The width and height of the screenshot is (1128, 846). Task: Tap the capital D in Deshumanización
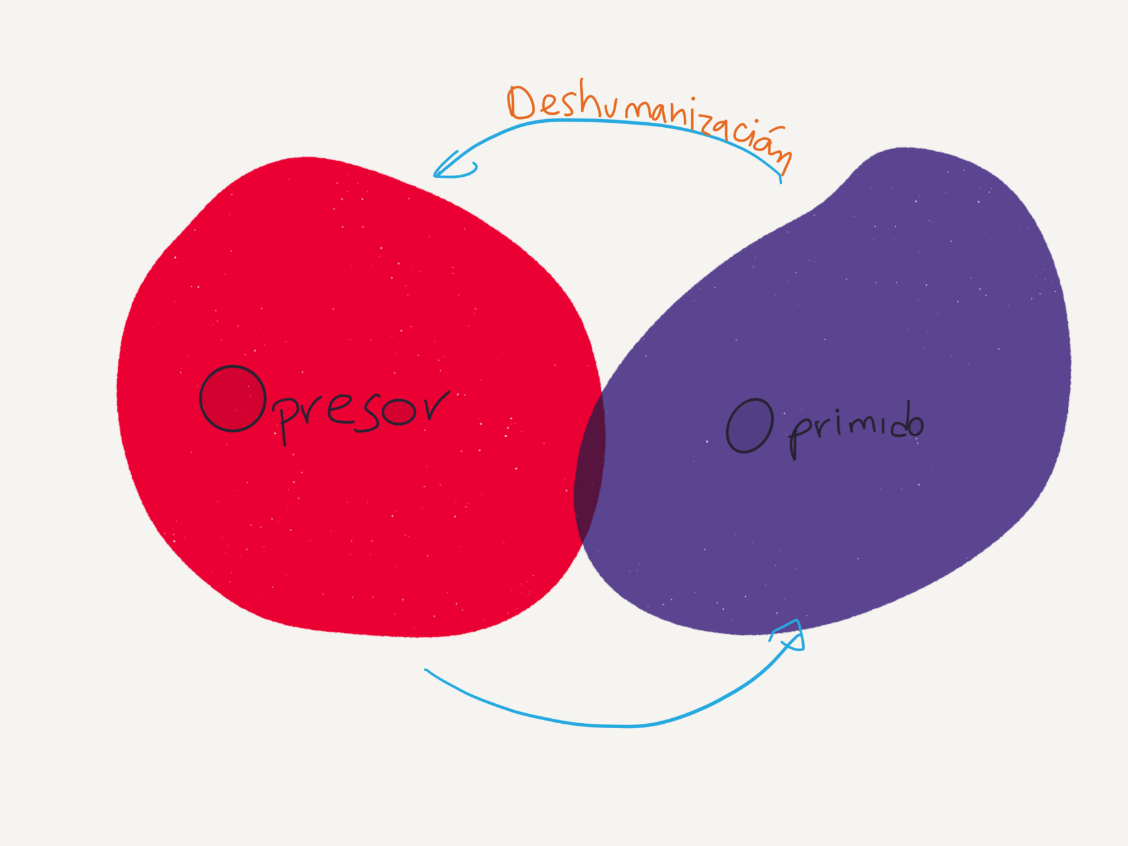click(x=521, y=102)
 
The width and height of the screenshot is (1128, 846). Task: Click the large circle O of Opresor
click(x=232, y=399)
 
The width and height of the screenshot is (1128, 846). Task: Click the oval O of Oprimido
click(x=749, y=426)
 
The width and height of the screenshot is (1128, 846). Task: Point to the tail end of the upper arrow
click(x=780, y=180)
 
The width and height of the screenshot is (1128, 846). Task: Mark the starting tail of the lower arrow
click(x=427, y=671)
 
